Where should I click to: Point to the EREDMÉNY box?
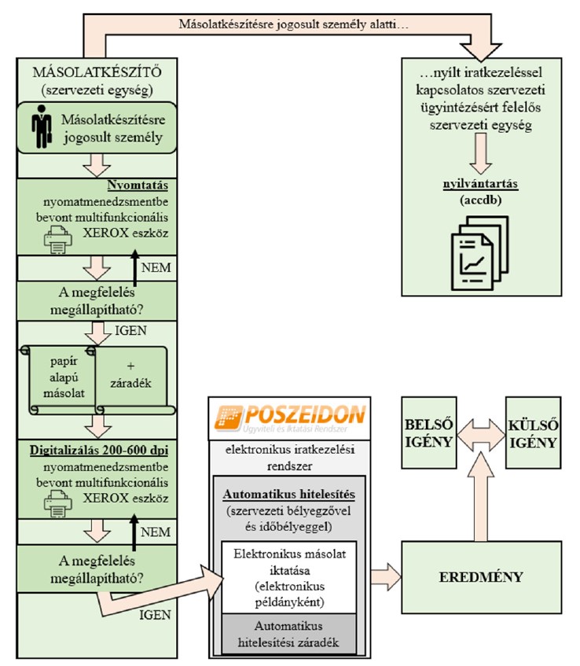[482, 576]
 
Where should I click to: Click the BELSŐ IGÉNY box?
[428, 432]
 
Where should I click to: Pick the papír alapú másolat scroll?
[59, 377]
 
